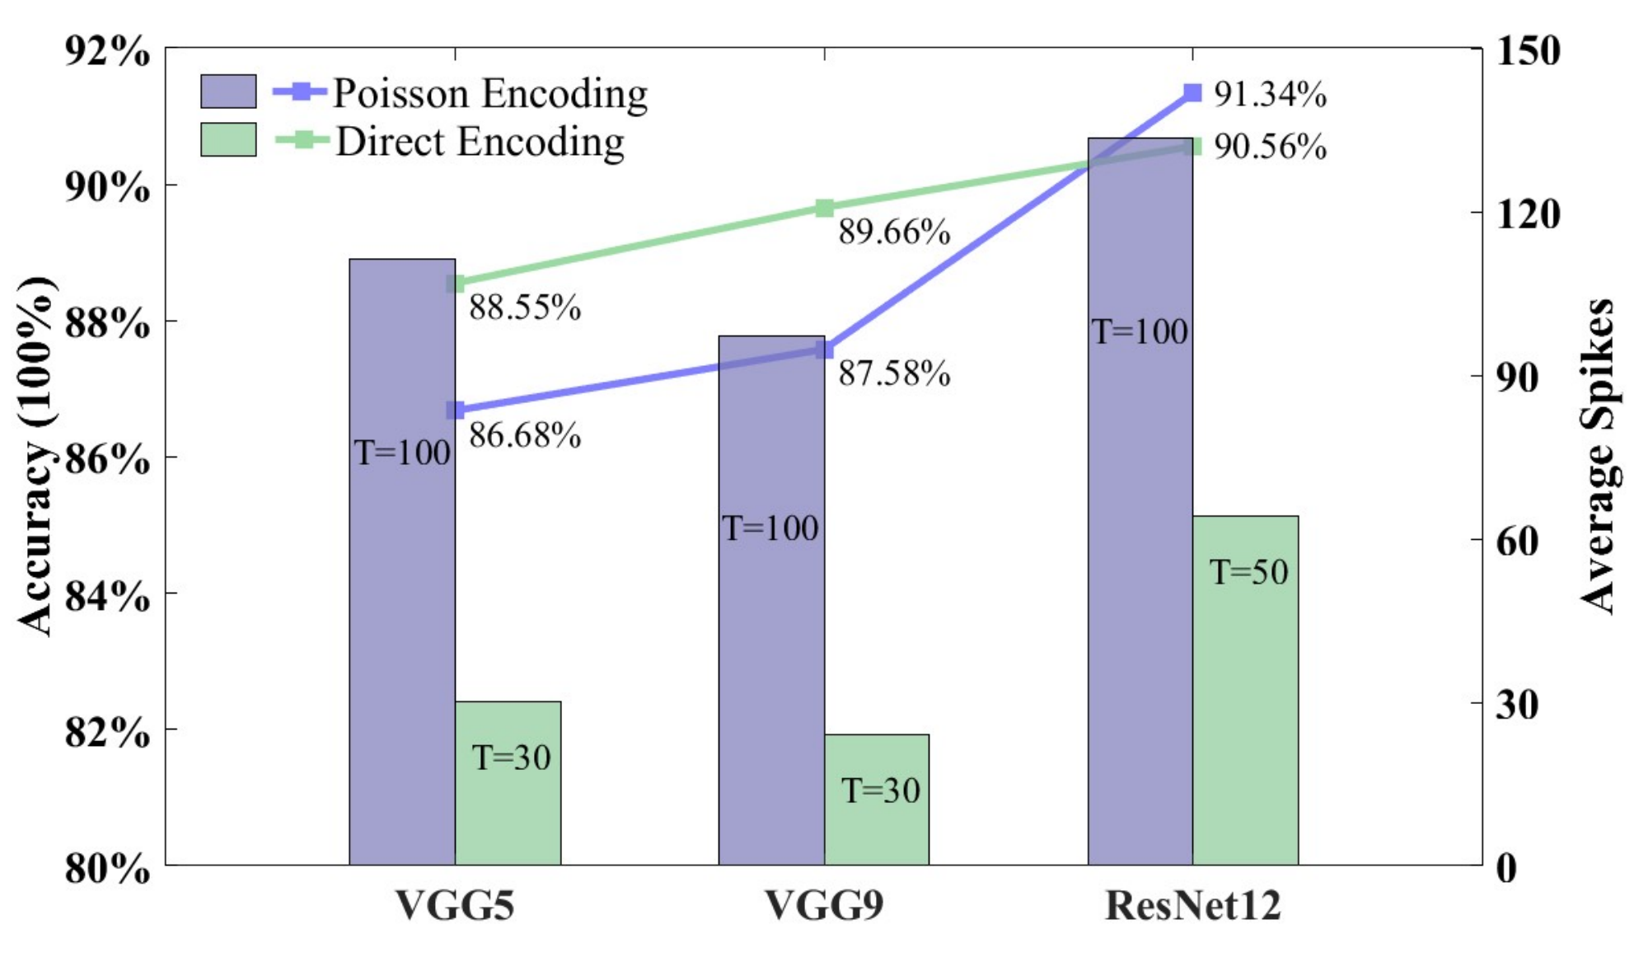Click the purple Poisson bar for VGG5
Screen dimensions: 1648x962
coord(402,561)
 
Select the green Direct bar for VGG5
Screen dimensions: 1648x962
coord(508,783)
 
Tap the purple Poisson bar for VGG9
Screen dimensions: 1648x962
coord(771,600)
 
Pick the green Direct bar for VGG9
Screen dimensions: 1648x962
coord(877,800)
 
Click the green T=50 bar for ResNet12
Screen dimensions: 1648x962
coord(1246,690)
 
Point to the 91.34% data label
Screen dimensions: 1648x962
coord(1270,94)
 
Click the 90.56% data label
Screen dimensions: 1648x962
coord(1270,147)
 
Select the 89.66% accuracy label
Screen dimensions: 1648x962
coord(894,232)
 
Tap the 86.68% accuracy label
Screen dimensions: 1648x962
coord(525,435)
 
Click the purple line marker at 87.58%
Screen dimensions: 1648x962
coord(824,350)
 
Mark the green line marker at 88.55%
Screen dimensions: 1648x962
coord(456,284)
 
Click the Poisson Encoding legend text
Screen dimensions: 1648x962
coord(490,93)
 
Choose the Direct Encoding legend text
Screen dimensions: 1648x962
coord(480,142)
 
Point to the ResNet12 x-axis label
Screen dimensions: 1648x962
coord(1192,905)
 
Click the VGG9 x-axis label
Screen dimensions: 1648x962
coord(824,905)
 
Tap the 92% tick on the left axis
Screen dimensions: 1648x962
coord(108,52)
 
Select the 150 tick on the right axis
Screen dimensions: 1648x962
coord(1528,51)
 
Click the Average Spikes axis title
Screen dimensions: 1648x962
coord(1598,456)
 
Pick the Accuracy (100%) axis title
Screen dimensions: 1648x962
coord(36,456)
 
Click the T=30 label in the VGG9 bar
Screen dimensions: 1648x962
coord(880,791)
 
